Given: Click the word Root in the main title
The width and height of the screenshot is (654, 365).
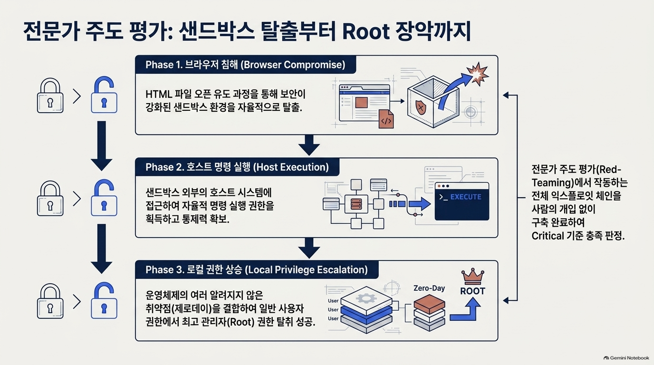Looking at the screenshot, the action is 366,31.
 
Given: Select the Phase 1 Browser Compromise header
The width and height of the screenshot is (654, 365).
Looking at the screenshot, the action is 245,65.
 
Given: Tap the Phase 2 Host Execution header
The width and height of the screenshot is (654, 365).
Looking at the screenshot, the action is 237,167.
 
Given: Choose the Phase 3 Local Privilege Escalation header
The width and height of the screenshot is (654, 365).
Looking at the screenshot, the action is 257,269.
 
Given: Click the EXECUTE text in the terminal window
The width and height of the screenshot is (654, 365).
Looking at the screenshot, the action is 466,197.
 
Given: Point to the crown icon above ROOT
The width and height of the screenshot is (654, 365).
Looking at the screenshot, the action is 473,276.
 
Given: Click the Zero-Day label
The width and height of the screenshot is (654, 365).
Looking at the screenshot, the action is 429,288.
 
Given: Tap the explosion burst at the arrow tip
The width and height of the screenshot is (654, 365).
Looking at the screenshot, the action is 477,74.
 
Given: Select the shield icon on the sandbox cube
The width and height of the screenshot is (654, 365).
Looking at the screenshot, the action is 421,107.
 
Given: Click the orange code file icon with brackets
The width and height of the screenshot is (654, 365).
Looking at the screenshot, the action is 386,119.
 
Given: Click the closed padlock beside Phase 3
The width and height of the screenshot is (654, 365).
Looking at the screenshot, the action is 50,301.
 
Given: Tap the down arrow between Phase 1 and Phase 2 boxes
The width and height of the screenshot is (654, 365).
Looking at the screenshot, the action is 309,145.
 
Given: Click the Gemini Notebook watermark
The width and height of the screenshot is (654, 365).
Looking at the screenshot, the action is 626,358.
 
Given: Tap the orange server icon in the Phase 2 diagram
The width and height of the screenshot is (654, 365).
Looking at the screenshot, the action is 356,204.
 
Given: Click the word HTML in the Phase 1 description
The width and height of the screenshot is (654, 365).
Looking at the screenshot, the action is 159,94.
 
